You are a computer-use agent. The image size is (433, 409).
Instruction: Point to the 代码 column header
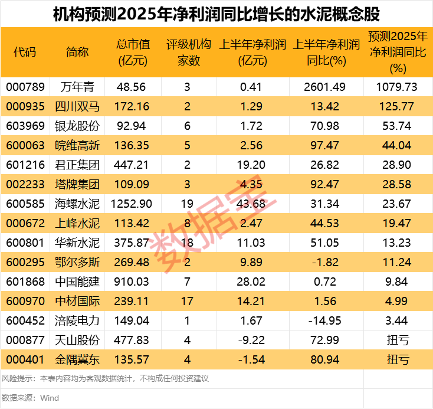(x=25, y=52)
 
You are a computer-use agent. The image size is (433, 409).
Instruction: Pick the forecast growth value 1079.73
(x=397, y=87)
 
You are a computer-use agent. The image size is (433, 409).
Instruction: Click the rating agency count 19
(x=187, y=204)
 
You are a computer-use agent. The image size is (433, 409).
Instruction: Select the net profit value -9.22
(x=252, y=339)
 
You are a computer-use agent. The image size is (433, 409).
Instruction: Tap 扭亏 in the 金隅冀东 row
(x=397, y=359)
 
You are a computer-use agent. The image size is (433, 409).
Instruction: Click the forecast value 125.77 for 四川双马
(x=397, y=106)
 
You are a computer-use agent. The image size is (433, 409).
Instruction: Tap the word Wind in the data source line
(x=50, y=398)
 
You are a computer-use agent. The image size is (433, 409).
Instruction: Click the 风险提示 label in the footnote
(x=17, y=378)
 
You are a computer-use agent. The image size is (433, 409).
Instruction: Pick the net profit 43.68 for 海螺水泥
(x=252, y=204)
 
